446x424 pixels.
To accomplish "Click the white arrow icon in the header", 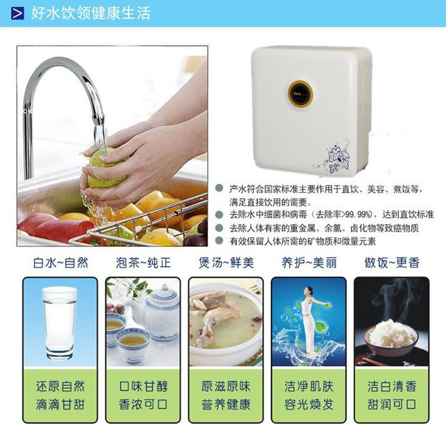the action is pos(18,13).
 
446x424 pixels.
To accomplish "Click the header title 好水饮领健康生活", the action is pos(91,13).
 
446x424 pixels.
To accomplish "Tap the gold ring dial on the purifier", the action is pos(300,94).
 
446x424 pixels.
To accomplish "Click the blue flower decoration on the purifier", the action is pos(335,156).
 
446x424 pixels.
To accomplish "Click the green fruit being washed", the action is pos(106,169).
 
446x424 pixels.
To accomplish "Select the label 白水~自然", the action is pos(61,263).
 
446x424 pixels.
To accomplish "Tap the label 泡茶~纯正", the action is pos(143,263).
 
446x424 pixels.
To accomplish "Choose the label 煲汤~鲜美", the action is pos(226,263).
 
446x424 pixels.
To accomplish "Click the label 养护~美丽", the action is pos(309,263).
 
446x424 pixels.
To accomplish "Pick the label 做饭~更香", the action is pos(392,263).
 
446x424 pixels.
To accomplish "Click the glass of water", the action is pos(60,323).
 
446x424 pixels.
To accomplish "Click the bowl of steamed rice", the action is pos(391,337).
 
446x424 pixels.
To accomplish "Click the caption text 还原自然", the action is pos(60,386).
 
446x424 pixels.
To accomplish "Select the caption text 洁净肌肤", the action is pos(309,386).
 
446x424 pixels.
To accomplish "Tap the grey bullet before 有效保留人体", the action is pos(219,241).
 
